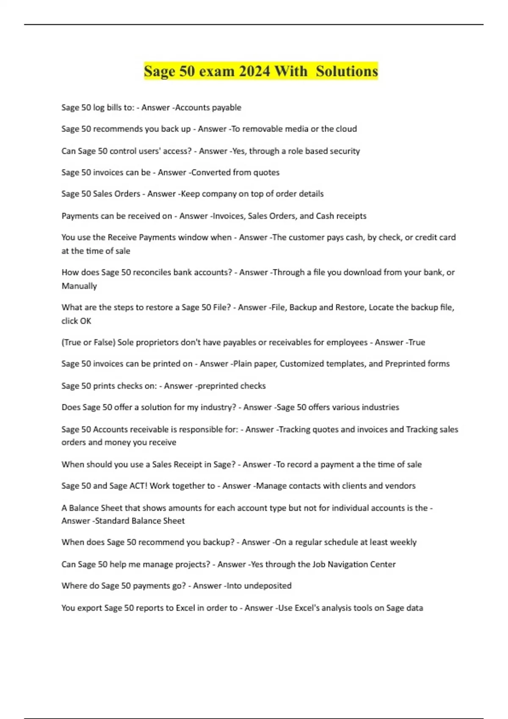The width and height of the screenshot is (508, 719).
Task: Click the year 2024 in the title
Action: (254, 71)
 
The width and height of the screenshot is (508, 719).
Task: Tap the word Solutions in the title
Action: (347, 71)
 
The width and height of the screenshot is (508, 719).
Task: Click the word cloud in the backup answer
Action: (346, 129)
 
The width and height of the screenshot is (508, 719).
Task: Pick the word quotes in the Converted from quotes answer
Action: (266, 172)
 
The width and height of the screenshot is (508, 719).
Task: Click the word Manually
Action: (79, 286)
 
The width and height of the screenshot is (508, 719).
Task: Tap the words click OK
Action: (76, 321)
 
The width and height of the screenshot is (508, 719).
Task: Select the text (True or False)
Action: (88, 342)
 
